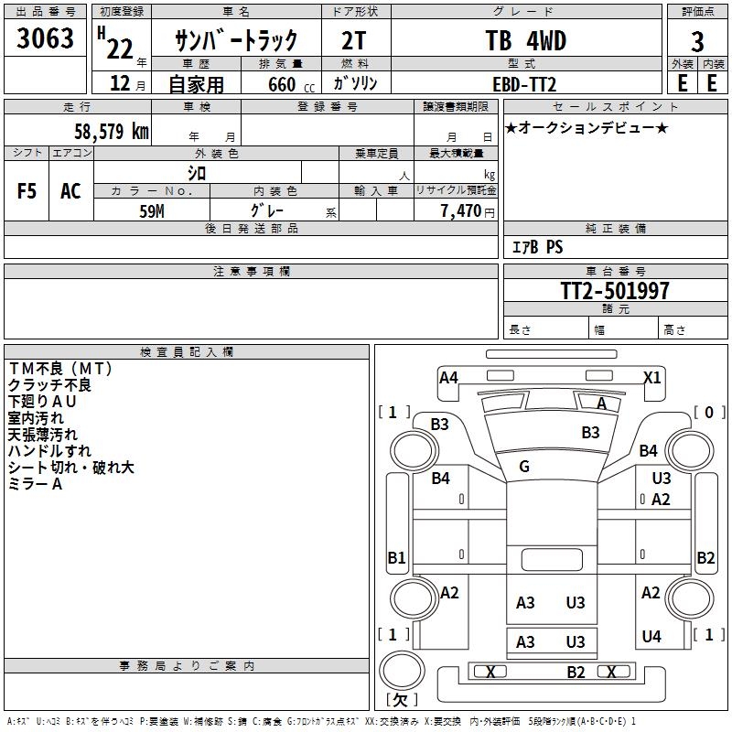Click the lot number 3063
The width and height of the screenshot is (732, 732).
(47, 39)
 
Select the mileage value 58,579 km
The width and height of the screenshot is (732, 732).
(112, 131)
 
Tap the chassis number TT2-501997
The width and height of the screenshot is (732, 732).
(615, 291)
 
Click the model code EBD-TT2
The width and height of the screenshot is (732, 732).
(524, 83)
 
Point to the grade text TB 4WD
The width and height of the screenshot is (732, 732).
(525, 41)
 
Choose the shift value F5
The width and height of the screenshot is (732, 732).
(27, 191)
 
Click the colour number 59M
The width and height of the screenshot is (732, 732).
(151, 210)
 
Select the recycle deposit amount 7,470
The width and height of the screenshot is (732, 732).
(461, 211)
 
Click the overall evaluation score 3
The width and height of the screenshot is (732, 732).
(697, 42)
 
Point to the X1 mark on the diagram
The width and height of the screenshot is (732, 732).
(652, 377)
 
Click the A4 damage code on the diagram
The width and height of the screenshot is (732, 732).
(448, 377)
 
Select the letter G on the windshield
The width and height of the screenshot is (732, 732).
(524, 467)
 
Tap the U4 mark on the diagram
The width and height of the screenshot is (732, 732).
(651, 637)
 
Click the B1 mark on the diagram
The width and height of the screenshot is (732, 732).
(396, 557)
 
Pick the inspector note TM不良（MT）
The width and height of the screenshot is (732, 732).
(60, 369)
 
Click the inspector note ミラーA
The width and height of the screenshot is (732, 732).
(35, 484)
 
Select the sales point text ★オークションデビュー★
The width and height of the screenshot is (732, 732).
(587, 127)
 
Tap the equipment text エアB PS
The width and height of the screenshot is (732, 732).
(536, 247)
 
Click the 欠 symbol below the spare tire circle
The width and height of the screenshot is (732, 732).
(401, 700)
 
